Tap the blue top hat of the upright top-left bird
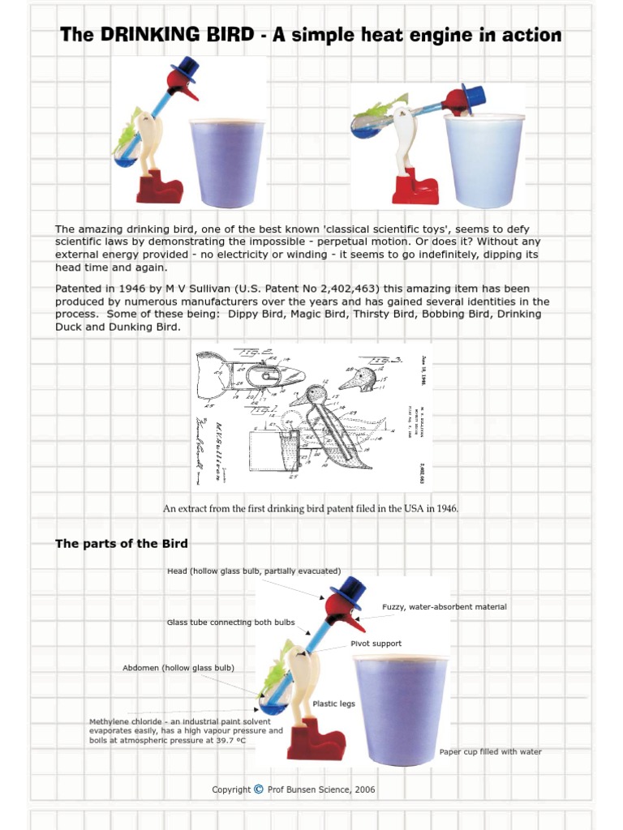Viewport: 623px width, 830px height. click(x=187, y=68)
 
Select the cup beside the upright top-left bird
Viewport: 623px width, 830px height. click(x=226, y=162)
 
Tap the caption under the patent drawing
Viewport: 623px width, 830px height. click(x=311, y=509)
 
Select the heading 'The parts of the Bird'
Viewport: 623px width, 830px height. click(x=121, y=543)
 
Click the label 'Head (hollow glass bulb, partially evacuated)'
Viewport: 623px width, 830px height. click(x=254, y=571)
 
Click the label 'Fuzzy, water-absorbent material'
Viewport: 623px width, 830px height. click(x=444, y=607)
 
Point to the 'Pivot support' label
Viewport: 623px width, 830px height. click(x=376, y=644)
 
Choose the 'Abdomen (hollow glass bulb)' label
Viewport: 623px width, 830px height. click(x=178, y=668)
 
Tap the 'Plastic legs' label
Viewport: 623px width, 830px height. click(x=333, y=704)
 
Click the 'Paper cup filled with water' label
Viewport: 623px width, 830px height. click(x=490, y=752)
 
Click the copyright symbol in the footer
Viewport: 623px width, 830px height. click(x=258, y=789)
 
